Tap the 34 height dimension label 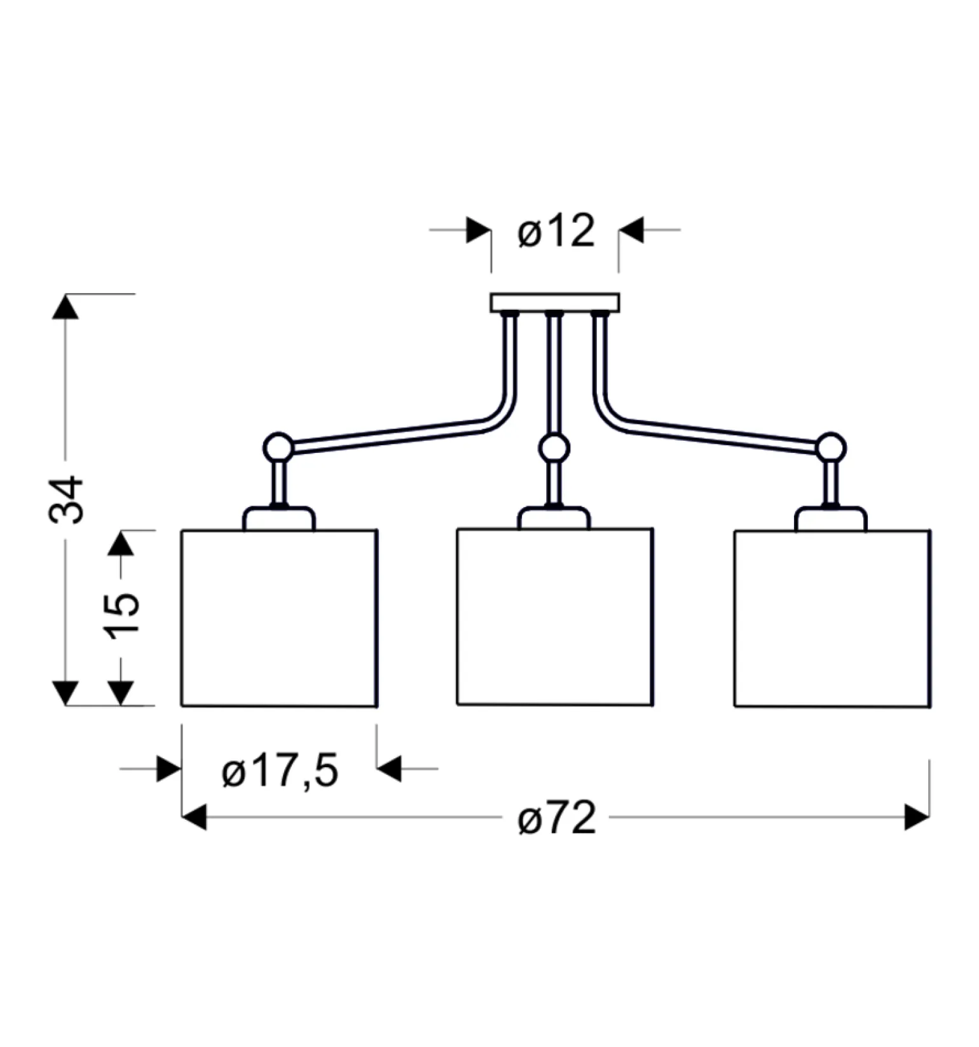click(66, 499)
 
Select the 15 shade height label click(123, 616)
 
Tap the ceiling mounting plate click(554, 302)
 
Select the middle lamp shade click(555, 616)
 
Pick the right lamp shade click(833, 618)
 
